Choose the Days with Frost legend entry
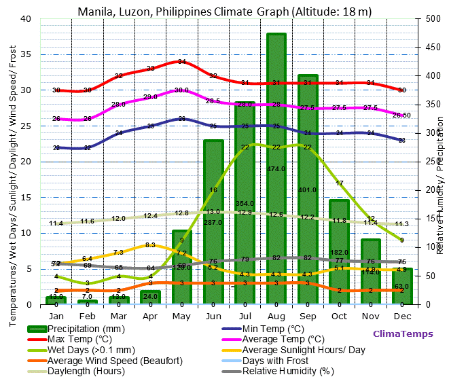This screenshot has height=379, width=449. (x=274, y=360)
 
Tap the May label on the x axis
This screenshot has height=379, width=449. (x=181, y=316)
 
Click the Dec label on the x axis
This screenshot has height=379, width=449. (x=401, y=316)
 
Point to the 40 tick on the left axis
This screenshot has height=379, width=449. (x=26, y=19)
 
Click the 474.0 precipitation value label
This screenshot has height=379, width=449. (x=276, y=168)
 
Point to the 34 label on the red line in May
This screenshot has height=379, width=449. (x=181, y=62)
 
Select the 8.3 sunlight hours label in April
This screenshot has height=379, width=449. (x=151, y=245)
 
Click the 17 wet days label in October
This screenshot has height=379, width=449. (x=340, y=183)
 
